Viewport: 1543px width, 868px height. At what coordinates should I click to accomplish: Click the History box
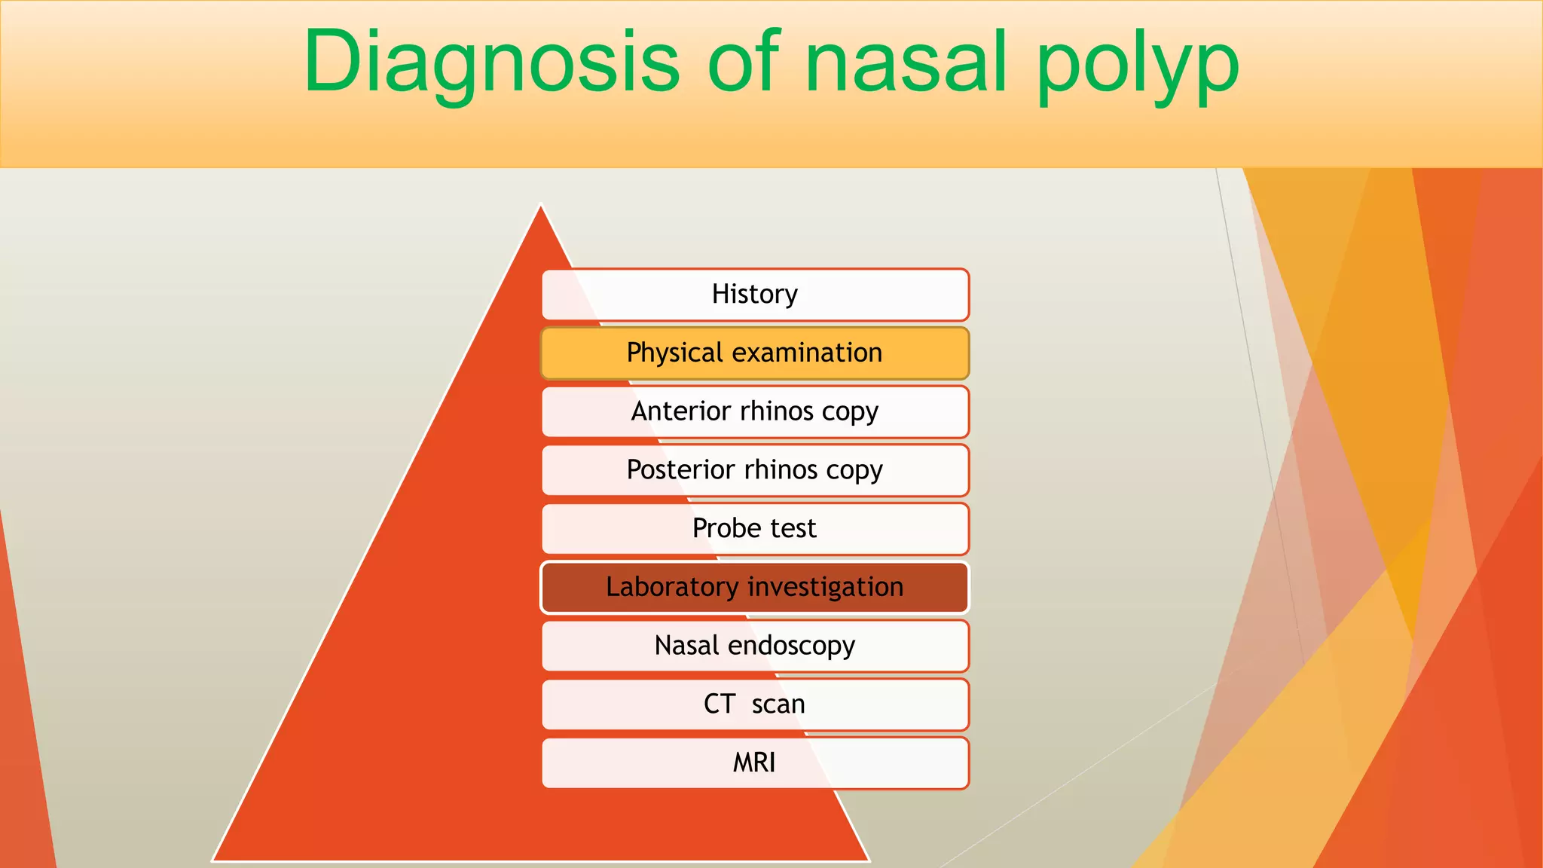click(755, 295)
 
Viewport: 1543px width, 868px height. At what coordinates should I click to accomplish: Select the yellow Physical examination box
click(755, 353)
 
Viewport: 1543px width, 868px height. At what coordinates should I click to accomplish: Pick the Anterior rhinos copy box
click(755, 412)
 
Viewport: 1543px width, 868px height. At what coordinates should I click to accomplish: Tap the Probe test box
click(755, 529)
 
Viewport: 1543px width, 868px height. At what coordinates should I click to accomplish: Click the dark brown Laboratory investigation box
click(755, 588)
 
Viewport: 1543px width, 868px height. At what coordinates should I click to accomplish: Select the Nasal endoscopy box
click(755, 646)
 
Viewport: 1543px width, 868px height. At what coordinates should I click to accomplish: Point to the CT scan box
click(755, 704)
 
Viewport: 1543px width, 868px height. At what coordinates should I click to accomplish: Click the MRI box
click(755, 763)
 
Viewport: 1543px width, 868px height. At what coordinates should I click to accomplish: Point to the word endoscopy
click(791, 646)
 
